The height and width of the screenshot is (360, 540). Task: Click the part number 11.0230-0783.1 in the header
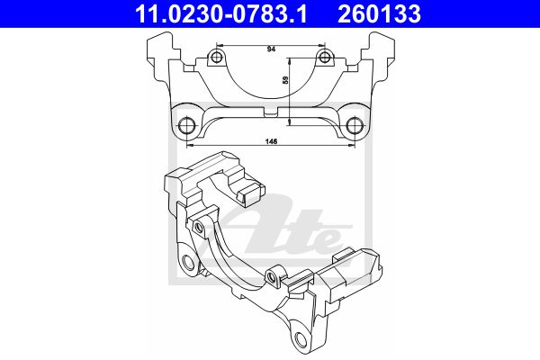(220, 13)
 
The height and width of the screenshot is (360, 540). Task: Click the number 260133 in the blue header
(379, 13)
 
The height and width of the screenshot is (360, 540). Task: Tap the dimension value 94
(272, 49)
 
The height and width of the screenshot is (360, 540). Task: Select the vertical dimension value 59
(285, 80)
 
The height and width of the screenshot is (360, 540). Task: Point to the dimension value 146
(271, 141)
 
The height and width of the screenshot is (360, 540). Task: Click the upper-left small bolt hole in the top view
(216, 57)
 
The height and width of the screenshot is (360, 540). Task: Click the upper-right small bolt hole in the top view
(324, 57)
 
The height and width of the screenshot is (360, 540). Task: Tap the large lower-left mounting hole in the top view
(187, 125)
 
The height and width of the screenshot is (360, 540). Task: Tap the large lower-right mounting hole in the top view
(354, 125)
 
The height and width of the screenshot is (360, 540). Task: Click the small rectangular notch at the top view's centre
(271, 112)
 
